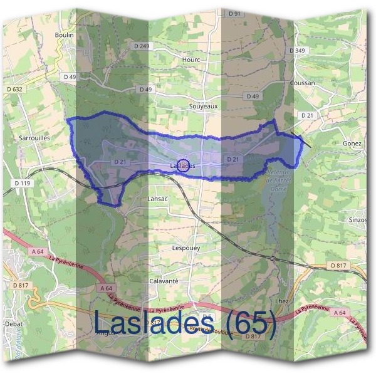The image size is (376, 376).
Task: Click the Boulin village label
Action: pyautogui.click(x=65, y=35)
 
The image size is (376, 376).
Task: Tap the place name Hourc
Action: pyautogui.click(x=191, y=60)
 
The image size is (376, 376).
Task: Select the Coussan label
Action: pyautogui.click(x=303, y=83)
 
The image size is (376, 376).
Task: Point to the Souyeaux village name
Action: pyautogui.click(x=203, y=107)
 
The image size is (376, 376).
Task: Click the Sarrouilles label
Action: pyautogui.click(x=33, y=135)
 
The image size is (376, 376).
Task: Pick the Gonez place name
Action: pyautogui.click(x=353, y=144)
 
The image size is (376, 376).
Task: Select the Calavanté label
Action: pyautogui.click(x=164, y=281)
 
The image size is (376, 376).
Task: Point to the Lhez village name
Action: pyautogui.click(x=281, y=301)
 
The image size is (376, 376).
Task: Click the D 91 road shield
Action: pyautogui.click(x=234, y=13)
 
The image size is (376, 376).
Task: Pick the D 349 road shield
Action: pyautogui.click(x=298, y=50)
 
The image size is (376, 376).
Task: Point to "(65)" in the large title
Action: pyautogui.click(x=251, y=325)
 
